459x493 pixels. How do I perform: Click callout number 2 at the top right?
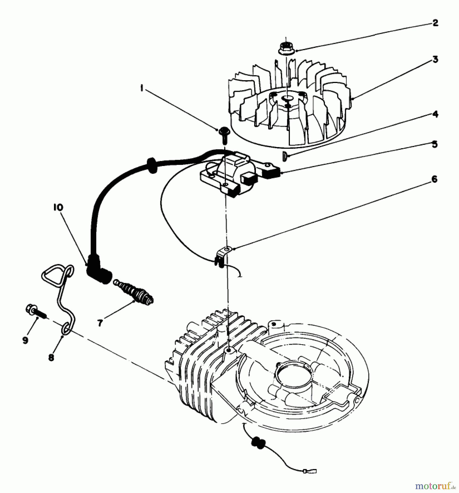click(435, 23)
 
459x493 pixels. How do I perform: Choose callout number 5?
click(435, 144)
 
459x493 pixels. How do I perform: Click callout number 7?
click(100, 323)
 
